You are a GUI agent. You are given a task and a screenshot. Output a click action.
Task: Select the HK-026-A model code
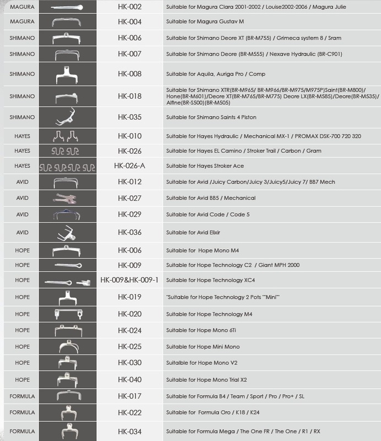point(129,166)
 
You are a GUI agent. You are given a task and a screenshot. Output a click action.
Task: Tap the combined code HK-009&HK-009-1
point(129,280)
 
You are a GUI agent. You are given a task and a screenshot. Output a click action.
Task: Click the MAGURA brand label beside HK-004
point(22,21)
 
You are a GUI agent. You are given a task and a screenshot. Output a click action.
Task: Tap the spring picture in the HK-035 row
point(68,117)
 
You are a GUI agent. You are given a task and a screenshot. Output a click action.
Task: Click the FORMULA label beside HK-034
point(22,431)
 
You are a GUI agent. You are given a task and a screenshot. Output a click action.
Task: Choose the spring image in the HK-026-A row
point(68,166)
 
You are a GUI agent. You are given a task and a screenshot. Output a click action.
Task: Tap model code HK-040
point(129,380)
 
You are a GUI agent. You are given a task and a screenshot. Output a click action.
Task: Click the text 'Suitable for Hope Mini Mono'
point(203,347)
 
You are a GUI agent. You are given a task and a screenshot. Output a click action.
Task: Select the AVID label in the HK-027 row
point(22,198)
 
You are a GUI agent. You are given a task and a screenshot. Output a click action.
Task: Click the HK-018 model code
point(129,96)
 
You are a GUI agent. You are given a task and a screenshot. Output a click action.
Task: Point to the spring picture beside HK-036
point(68,233)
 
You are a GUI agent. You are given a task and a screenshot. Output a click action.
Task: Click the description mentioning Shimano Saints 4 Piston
point(211,117)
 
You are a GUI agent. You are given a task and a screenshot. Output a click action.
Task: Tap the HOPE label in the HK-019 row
point(22,297)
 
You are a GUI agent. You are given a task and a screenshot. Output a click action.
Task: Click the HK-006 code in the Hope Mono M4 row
point(129,250)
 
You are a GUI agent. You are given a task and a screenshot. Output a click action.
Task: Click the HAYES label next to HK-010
point(22,136)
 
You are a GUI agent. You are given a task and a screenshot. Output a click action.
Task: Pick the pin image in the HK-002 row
point(67,7)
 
